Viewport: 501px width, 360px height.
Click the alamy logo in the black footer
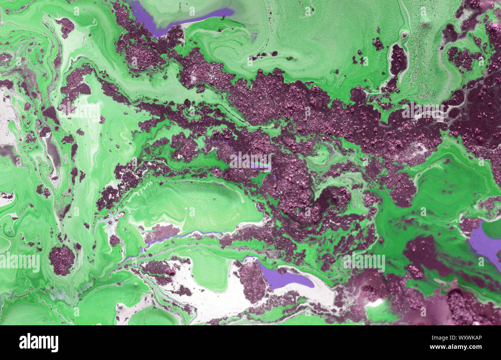coord(39,342)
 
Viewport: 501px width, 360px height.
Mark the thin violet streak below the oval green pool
coord(181,236)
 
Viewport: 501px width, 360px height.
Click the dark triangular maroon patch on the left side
coord(50,114)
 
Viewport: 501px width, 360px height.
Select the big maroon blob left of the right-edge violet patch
coord(424,254)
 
